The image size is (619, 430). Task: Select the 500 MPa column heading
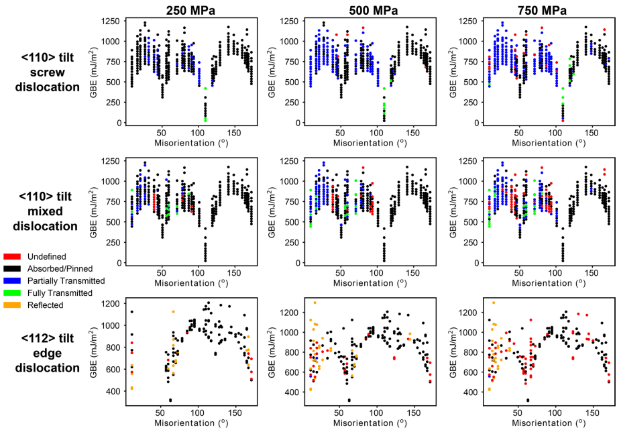point(359,9)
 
